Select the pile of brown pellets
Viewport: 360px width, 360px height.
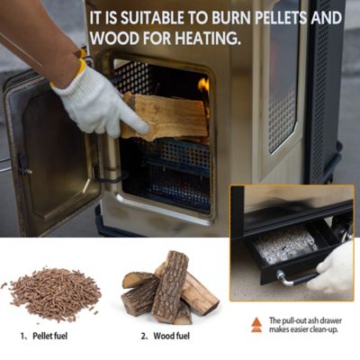[x=57, y=292]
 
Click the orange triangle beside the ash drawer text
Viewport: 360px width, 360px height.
[x=256, y=321]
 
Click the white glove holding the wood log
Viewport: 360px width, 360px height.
[x=94, y=100]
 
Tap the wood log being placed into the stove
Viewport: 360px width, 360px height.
[x=166, y=117]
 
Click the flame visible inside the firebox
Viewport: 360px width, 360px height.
[x=203, y=87]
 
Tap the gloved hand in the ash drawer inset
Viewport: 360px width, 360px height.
[x=334, y=269]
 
